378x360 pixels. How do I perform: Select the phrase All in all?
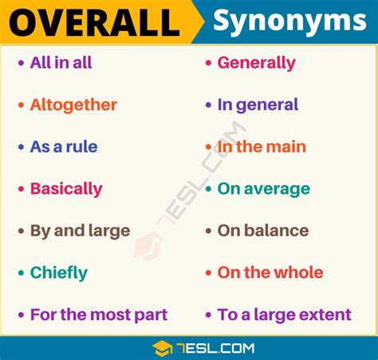61,63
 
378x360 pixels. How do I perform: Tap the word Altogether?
73,105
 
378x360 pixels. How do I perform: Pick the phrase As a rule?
64,147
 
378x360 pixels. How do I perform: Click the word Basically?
66,189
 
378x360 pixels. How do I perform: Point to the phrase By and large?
80,231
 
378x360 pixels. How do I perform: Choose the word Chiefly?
59,273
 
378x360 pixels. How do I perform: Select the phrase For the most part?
99,315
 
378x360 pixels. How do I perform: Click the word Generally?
257,63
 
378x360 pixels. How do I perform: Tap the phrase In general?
258,105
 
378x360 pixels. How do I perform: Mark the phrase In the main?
262,147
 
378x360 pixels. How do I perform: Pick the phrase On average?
264,189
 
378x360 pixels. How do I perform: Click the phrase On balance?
263,231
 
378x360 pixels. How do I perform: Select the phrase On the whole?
270,273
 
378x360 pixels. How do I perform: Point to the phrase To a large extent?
285,315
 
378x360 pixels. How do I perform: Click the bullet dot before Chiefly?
21,273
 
